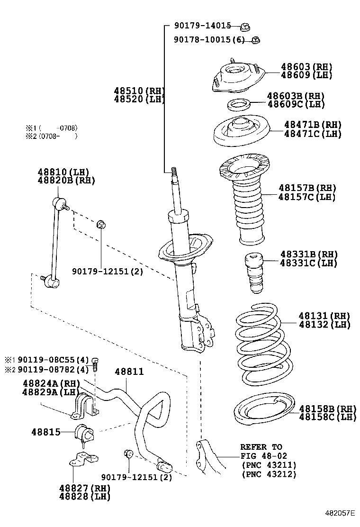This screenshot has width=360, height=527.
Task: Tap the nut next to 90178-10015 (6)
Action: pyautogui.click(x=255, y=40)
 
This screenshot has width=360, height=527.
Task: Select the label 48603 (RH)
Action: pyautogui.click(x=306, y=67)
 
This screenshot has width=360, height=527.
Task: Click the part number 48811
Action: pyautogui.click(x=128, y=373)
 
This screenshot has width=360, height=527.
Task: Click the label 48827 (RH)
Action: pyautogui.click(x=84, y=488)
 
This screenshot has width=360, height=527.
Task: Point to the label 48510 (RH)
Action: pyautogui.click(x=138, y=91)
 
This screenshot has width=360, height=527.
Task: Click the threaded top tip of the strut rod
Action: pyautogui.click(x=174, y=171)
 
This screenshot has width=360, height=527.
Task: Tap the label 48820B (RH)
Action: pyautogui.click(x=66, y=180)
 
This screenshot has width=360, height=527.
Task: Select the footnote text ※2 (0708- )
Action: pyautogui.click(x=51, y=136)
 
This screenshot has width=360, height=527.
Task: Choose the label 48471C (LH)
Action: pyautogui.click(x=313, y=134)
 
